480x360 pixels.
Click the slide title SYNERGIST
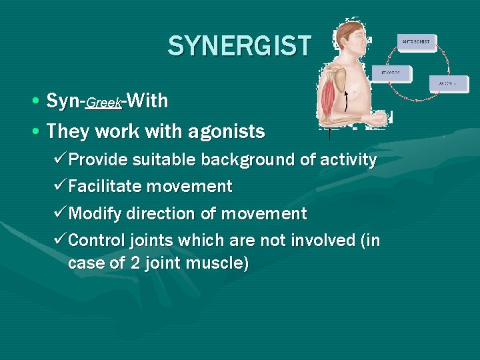click(x=239, y=46)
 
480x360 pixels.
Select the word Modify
click(x=98, y=215)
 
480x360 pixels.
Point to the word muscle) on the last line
click(x=215, y=263)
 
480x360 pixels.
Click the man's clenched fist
click(x=379, y=120)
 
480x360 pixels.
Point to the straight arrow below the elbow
click(x=329, y=135)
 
